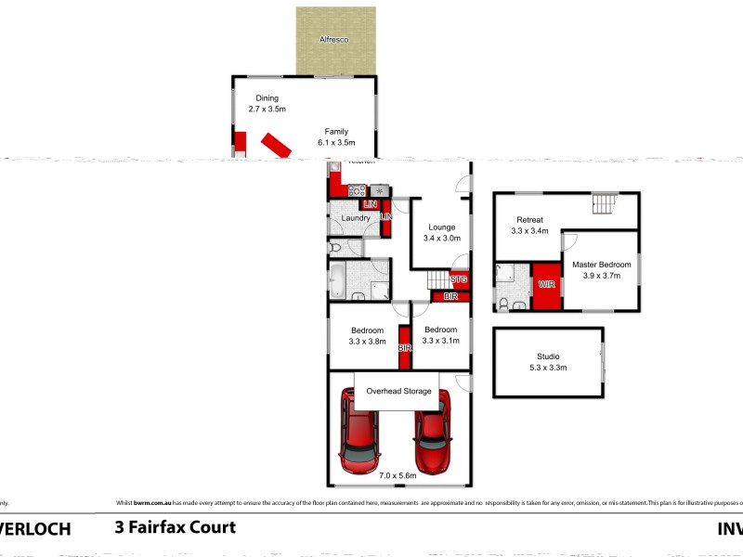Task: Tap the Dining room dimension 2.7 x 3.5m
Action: coord(263,110)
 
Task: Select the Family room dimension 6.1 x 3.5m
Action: coord(336,143)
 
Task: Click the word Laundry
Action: coord(356,218)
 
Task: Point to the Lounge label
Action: coord(441,227)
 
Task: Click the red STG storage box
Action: coord(459,279)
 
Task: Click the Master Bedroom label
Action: coord(603,264)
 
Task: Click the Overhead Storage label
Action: coord(398,391)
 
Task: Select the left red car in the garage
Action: coord(358,431)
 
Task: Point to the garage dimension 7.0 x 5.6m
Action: coord(398,476)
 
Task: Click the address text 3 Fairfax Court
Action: coord(175,527)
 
